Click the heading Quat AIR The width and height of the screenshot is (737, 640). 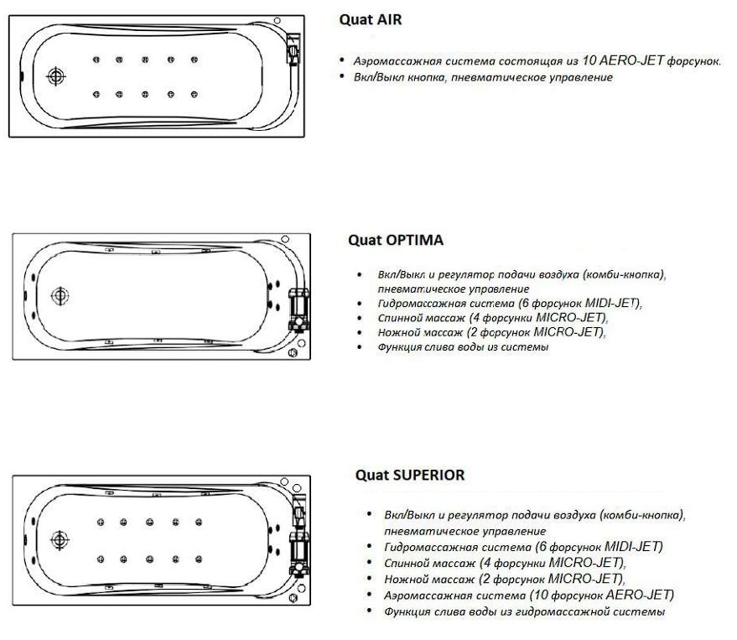(x=371, y=20)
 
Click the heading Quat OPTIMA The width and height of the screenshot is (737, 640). (x=395, y=240)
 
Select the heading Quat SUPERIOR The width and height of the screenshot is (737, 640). (x=410, y=475)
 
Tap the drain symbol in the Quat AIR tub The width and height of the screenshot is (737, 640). (x=56, y=76)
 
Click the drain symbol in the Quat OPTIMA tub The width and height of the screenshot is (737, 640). (x=60, y=296)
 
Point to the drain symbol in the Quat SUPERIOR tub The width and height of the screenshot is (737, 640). (x=60, y=540)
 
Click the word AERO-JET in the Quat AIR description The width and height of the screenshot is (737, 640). (x=631, y=60)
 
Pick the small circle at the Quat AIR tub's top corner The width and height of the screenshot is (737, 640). (x=278, y=21)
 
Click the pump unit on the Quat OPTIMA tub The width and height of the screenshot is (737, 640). (x=298, y=308)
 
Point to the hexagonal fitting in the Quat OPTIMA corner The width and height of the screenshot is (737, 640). (x=293, y=352)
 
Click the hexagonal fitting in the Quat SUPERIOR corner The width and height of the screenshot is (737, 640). (x=293, y=598)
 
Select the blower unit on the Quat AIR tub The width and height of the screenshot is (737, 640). (x=293, y=48)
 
